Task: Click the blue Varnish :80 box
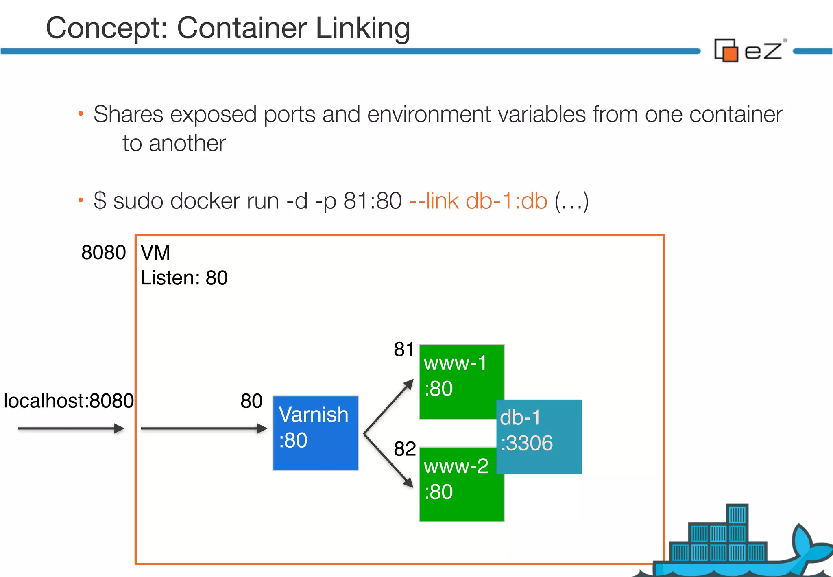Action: (315, 433)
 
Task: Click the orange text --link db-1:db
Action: (478, 201)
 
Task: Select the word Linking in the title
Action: (362, 28)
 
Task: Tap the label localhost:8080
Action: (68, 401)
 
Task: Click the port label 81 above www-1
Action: (403, 349)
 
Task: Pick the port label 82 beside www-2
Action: (404, 449)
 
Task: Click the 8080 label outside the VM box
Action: (103, 253)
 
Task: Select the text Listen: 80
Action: (184, 278)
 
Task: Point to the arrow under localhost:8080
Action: (71, 428)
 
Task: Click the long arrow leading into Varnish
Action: (203, 428)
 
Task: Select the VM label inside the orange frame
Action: (155, 253)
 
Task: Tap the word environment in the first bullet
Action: (429, 114)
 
